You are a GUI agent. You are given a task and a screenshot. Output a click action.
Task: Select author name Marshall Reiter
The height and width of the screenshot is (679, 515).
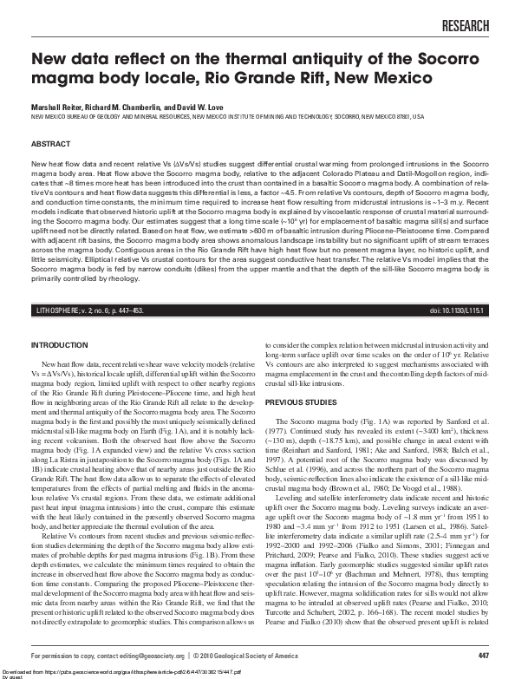point(57,104)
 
